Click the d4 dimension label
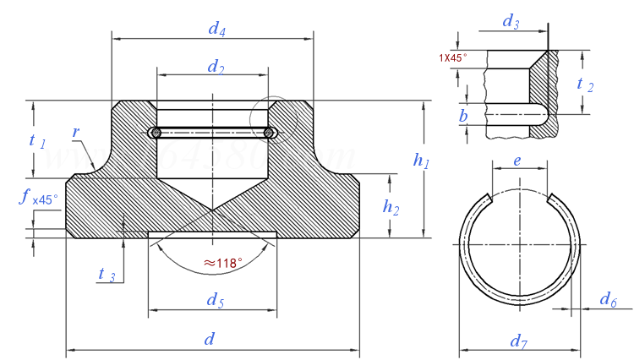(x=217, y=29)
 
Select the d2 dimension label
(x=216, y=67)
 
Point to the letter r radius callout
(x=76, y=133)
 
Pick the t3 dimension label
(x=107, y=275)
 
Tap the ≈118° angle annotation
(x=217, y=263)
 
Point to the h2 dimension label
(x=391, y=205)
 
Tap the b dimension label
(x=463, y=115)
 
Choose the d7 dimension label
(x=519, y=342)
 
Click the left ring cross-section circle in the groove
(x=155, y=133)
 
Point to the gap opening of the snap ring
(x=520, y=199)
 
